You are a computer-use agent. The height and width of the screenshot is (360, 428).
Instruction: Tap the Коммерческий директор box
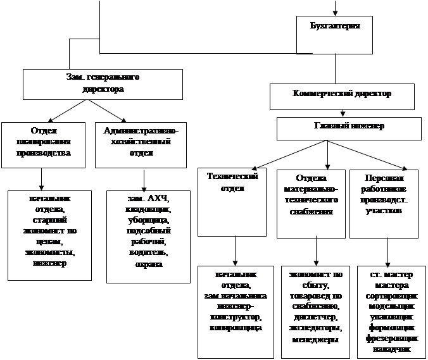[342, 94]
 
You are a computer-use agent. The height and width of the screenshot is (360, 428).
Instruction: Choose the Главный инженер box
[349, 127]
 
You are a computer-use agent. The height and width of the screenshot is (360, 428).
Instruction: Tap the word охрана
[148, 264]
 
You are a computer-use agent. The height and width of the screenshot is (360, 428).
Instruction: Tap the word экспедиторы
[315, 328]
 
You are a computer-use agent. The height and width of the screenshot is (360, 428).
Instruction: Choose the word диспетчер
[315, 317]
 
